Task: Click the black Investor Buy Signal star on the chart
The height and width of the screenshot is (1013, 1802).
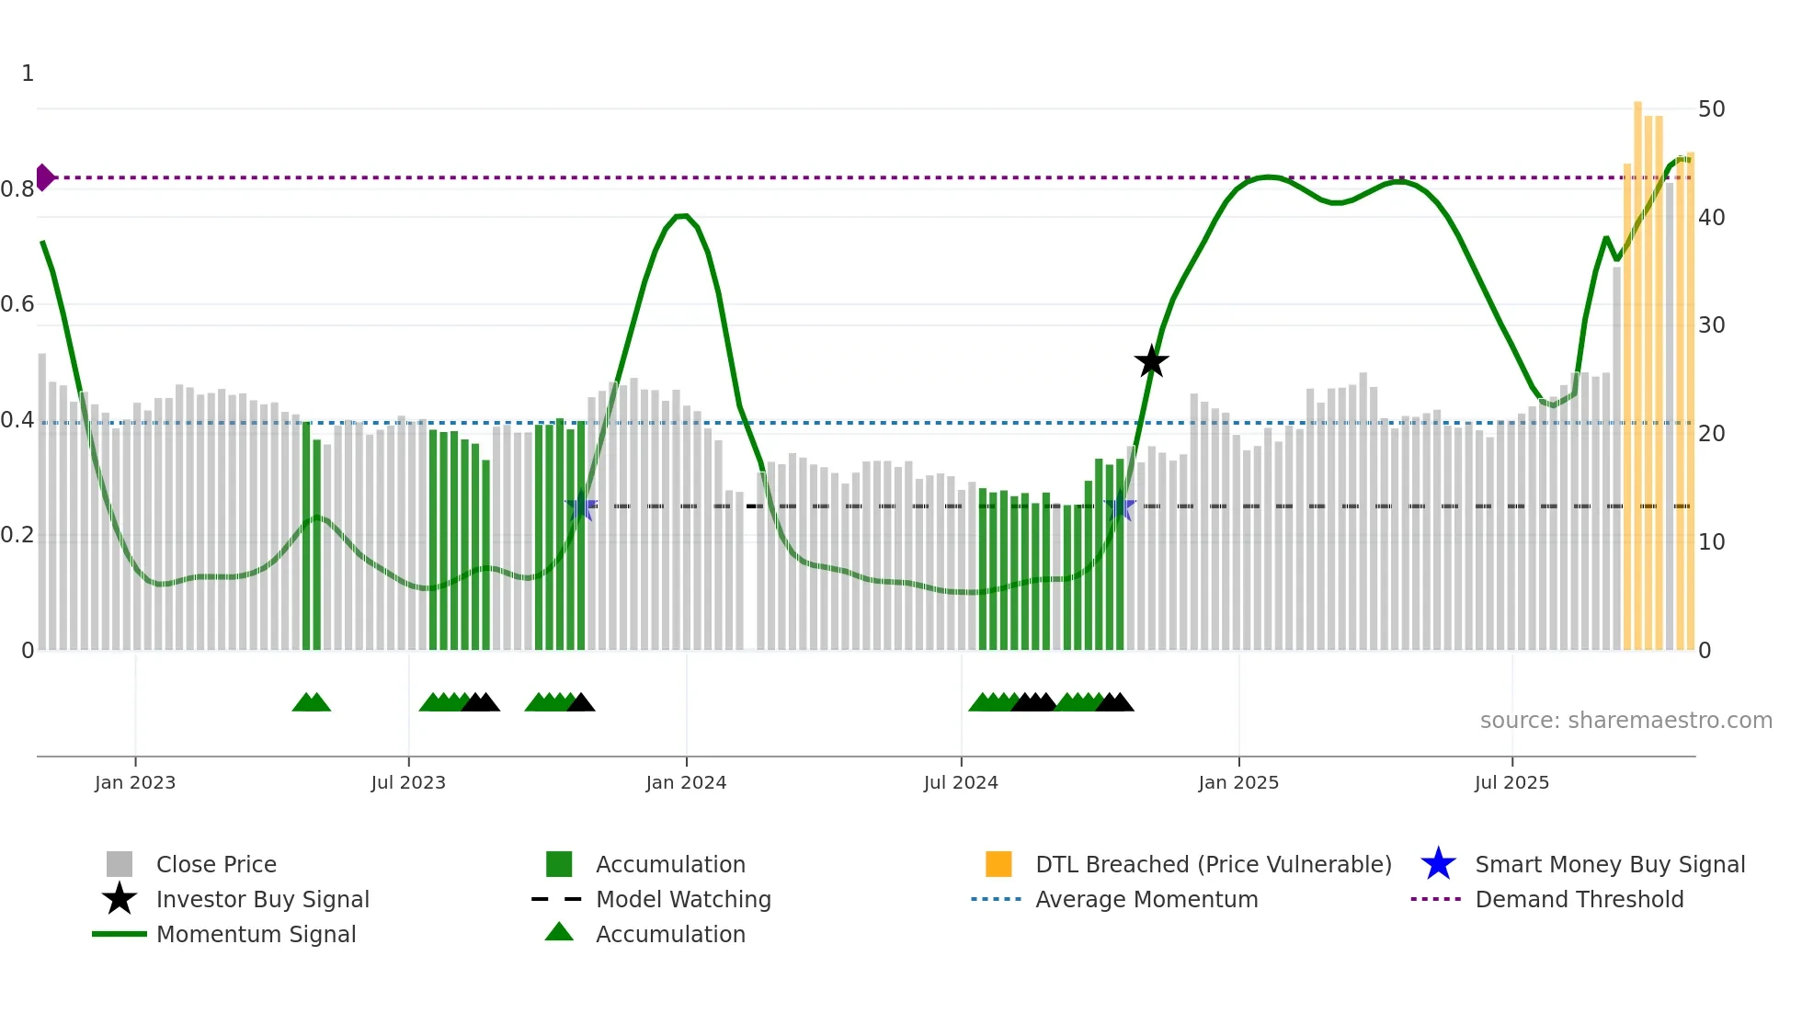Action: tap(1151, 361)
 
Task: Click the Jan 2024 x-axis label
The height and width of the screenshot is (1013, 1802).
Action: tap(686, 782)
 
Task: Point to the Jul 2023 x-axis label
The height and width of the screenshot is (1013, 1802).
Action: tap(408, 782)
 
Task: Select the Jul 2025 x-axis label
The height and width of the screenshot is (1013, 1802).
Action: tap(1511, 782)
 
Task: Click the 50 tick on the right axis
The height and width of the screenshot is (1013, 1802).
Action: tap(1711, 109)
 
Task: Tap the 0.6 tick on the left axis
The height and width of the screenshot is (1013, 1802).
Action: tap(17, 304)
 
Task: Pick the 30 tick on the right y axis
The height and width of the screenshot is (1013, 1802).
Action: tap(1711, 325)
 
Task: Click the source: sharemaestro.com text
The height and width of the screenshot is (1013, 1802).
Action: tap(1625, 721)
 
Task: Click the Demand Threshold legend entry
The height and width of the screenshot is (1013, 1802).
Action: tap(1579, 900)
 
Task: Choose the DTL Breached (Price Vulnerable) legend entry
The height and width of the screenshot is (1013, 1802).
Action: tap(1213, 865)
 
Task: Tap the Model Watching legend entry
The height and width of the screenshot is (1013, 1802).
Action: tap(682, 900)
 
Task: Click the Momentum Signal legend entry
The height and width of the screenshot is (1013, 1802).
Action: tap(256, 935)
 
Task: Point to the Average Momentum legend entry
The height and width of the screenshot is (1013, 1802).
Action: tap(1146, 900)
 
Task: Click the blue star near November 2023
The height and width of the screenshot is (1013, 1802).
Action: tap(581, 506)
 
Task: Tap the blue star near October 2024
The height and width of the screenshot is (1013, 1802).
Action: tap(1120, 506)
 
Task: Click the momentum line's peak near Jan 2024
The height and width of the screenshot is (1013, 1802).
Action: tap(681, 216)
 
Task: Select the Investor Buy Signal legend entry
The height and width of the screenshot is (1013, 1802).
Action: tap(262, 900)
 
